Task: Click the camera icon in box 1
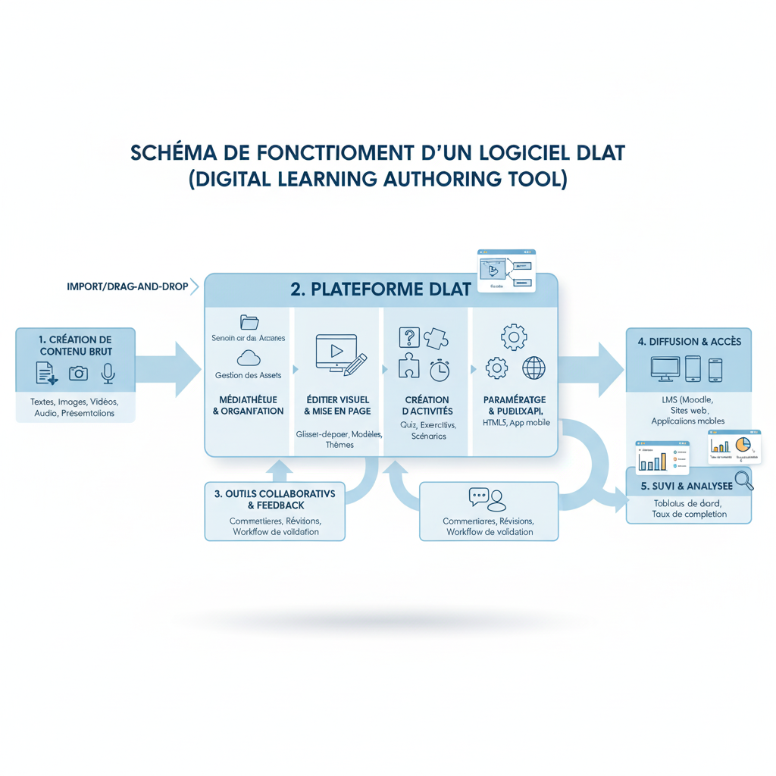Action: [x=78, y=373]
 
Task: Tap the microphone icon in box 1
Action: [x=108, y=373]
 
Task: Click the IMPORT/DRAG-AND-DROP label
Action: [x=127, y=287]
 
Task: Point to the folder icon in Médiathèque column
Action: [x=249, y=322]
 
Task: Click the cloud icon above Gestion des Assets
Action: [x=249, y=358]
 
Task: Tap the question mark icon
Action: [x=408, y=338]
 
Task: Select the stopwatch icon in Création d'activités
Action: [x=440, y=370]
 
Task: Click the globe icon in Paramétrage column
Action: [x=533, y=368]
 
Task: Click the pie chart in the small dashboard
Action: [x=743, y=443]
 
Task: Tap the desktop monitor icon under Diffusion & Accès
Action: [x=665, y=369]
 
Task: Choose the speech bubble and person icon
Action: [x=488, y=499]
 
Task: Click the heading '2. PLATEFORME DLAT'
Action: [x=380, y=289]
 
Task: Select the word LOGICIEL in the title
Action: [x=520, y=152]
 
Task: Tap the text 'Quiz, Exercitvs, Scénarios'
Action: [x=428, y=430]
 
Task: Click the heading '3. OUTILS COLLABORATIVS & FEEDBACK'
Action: [x=274, y=499]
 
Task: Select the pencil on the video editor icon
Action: [x=355, y=365]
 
